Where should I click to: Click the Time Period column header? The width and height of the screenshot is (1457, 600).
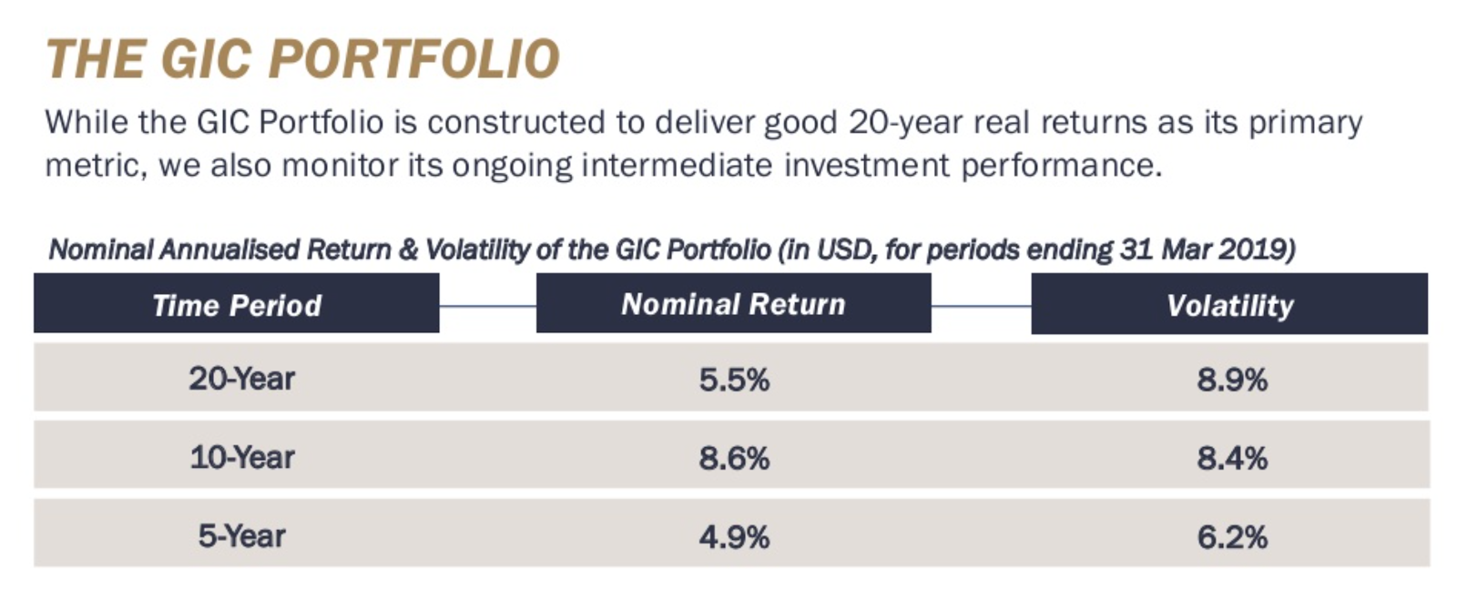pos(237,305)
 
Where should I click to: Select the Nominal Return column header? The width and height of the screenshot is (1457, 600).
pos(733,304)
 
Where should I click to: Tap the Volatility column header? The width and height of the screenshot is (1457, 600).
pos(1229,305)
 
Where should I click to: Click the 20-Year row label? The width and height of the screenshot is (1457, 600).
pos(242,379)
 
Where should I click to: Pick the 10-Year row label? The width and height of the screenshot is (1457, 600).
pos(242,457)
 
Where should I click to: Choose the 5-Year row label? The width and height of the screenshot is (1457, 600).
pos(242,536)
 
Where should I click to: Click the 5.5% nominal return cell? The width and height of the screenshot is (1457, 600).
pos(734,380)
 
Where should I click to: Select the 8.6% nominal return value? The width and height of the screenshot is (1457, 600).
pos(734,458)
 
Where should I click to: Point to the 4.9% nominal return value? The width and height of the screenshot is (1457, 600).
pos(734,537)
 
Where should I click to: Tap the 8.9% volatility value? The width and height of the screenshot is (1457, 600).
pos(1232,380)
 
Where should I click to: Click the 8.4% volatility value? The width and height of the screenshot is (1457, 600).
pos(1232,458)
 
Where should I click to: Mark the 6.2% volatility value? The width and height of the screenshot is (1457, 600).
pos(1232,537)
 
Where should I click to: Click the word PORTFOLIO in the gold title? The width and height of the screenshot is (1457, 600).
pos(414,60)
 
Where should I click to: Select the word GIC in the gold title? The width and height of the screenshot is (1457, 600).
pos(206,60)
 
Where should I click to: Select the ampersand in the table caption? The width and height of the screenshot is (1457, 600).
pos(408,249)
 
